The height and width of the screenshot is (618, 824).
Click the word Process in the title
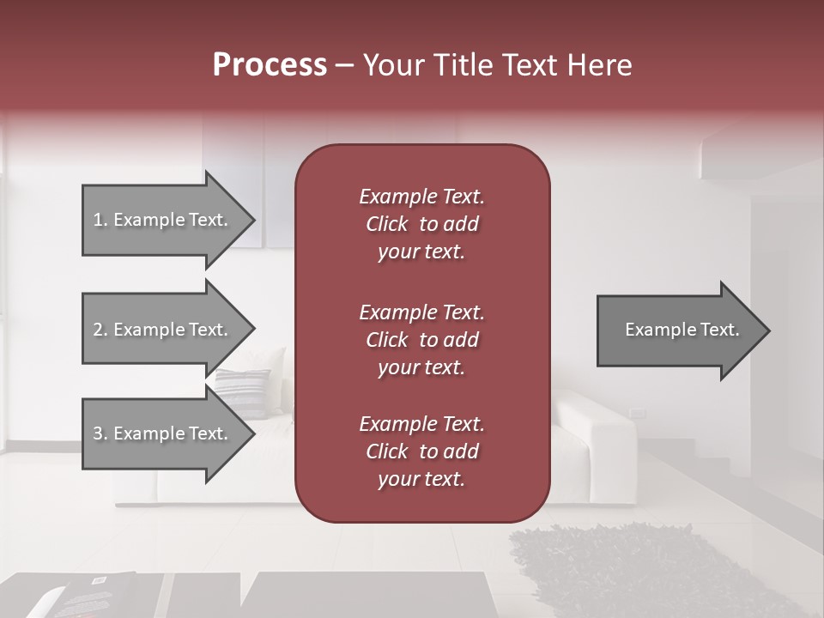pyautogui.click(x=270, y=65)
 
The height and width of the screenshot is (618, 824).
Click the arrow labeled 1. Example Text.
pyautogui.click(x=163, y=220)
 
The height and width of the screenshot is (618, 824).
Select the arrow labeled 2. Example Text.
pyautogui.click(x=163, y=330)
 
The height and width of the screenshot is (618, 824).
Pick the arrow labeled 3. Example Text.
pyautogui.click(x=163, y=433)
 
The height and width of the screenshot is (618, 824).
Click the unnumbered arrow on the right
pyautogui.click(x=678, y=330)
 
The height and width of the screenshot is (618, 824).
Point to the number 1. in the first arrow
pyautogui.click(x=100, y=220)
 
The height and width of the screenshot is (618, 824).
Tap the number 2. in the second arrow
pyautogui.click(x=100, y=330)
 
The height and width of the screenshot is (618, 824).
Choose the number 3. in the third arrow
pyautogui.click(x=100, y=433)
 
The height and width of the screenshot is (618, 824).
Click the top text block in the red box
pyautogui.click(x=421, y=224)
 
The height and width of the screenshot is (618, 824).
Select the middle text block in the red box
pyautogui.click(x=421, y=339)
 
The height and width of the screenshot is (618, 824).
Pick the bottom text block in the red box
pyautogui.click(x=421, y=451)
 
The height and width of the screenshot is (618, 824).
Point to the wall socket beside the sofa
pyautogui.click(x=637, y=413)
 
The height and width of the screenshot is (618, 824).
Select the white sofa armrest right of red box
pyautogui.click(x=592, y=429)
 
